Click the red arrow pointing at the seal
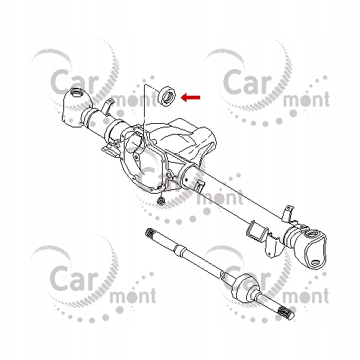191,97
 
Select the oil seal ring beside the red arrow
167,96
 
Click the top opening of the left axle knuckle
77,93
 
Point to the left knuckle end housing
77,108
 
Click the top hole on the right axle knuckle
312,233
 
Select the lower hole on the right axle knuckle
315,262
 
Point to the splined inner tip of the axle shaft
150,232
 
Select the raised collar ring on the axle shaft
179,251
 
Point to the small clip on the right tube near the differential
199,186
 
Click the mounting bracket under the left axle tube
109,152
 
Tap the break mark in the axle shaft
222,276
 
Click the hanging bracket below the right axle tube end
271,246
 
